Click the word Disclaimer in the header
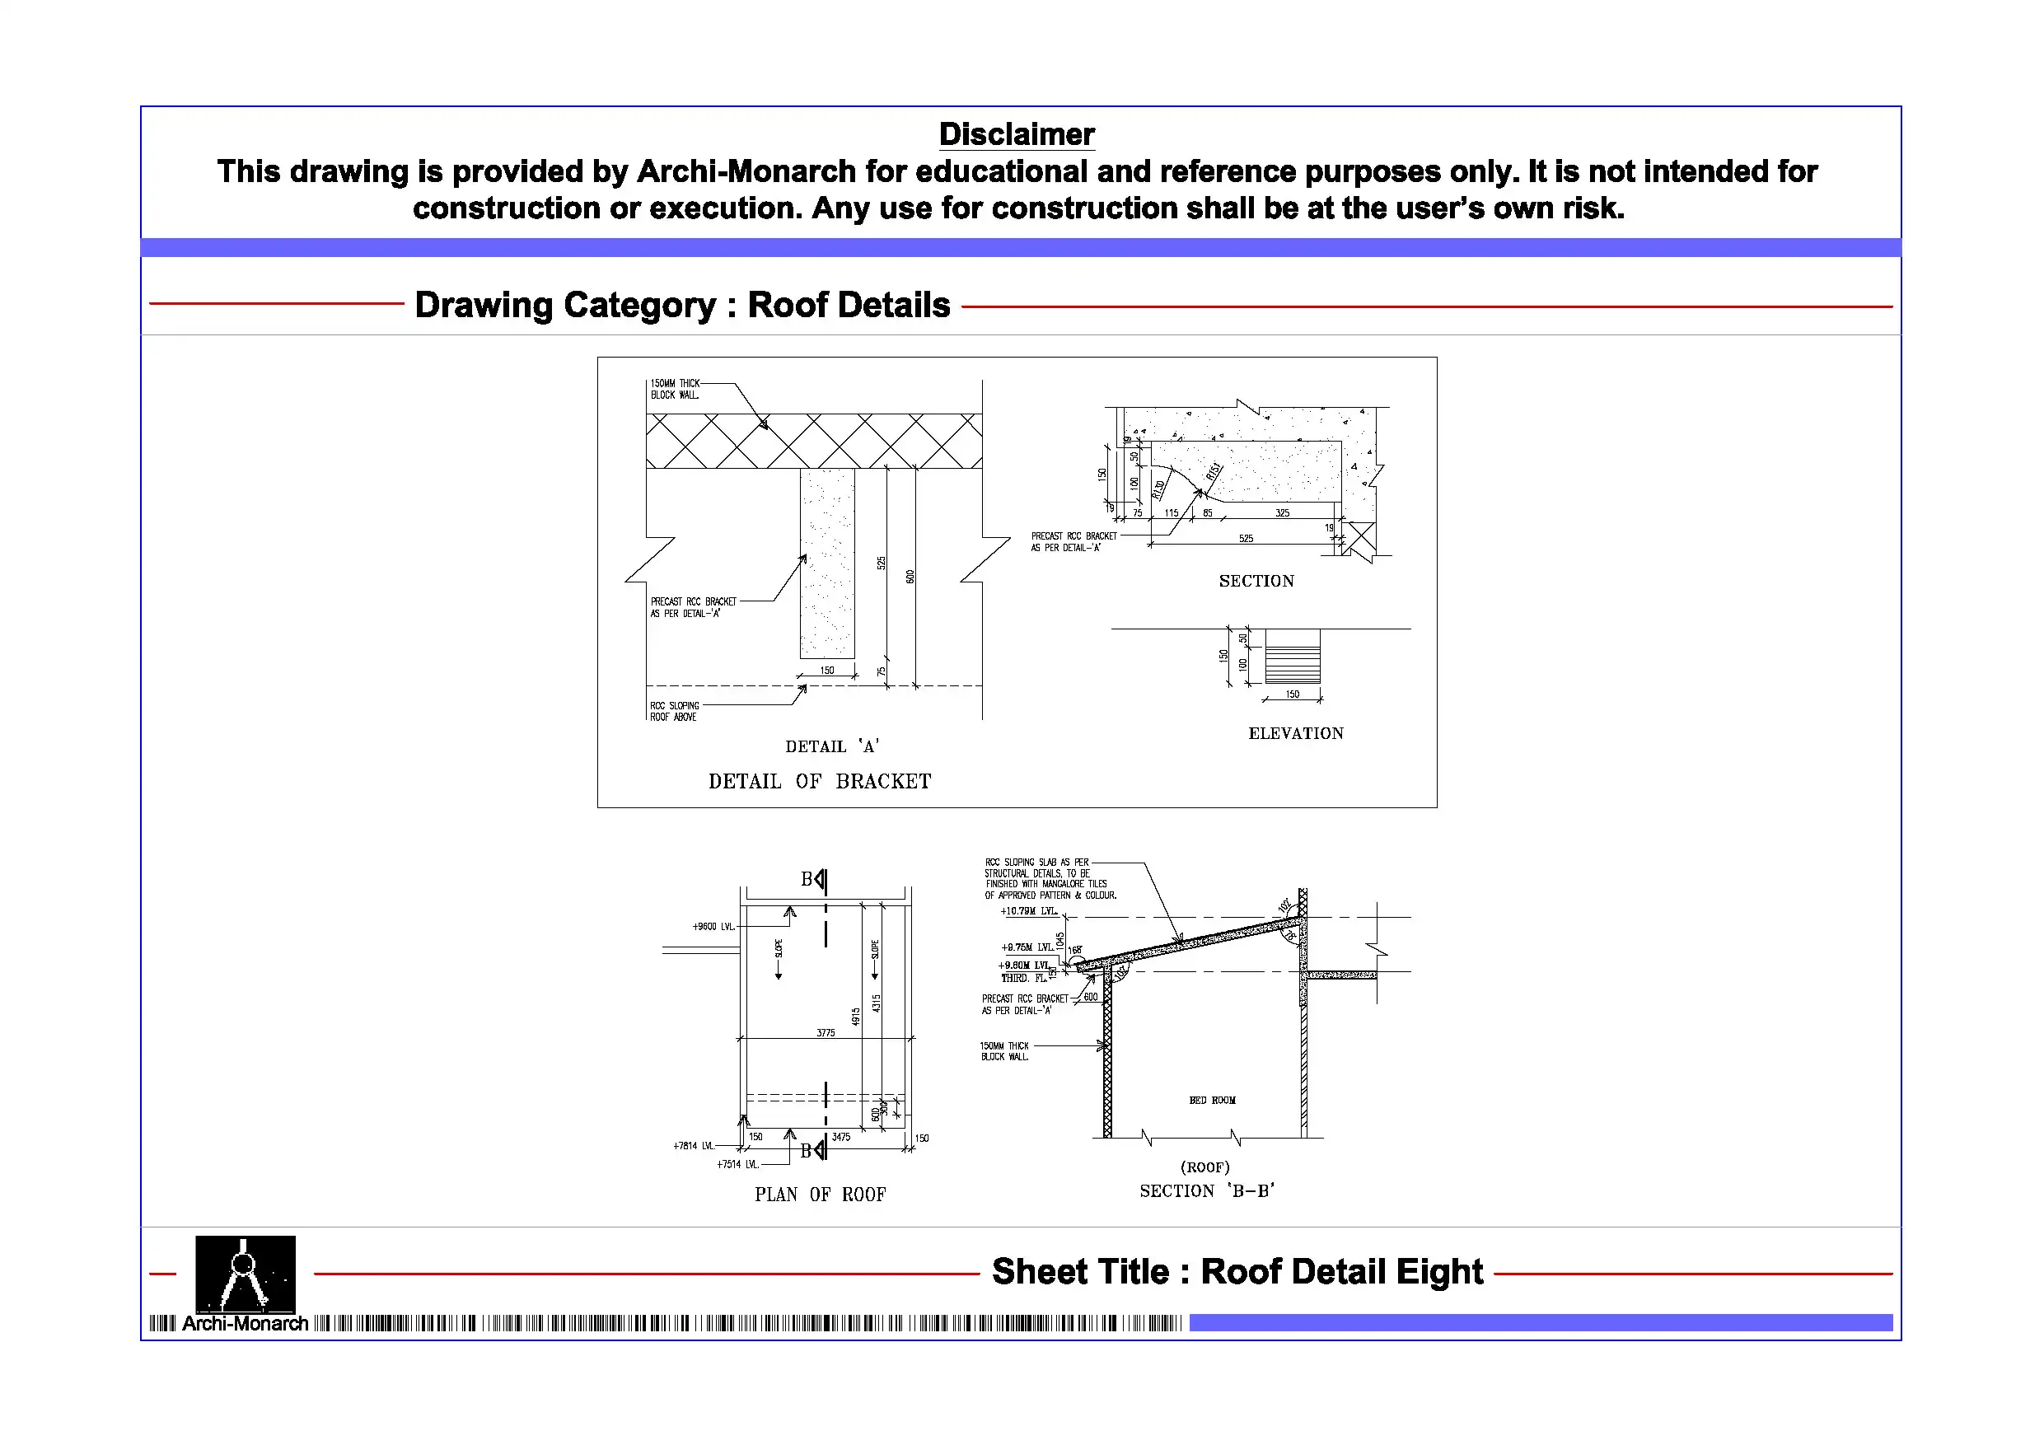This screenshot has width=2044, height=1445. [1016, 134]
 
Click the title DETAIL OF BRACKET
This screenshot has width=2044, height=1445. [819, 782]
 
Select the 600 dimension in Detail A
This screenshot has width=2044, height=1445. [910, 576]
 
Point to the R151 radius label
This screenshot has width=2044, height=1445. [1213, 471]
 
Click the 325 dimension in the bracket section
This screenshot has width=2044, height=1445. [1282, 512]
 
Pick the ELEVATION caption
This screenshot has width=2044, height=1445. [1295, 734]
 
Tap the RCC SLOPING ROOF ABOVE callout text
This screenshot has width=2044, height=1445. [674, 711]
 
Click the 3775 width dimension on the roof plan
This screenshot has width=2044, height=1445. [826, 1033]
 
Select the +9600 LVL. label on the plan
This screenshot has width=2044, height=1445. [714, 927]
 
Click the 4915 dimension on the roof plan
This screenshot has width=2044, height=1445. [855, 1016]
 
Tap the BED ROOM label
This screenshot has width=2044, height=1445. [1212, 1101]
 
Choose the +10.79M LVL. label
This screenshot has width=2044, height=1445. [1028, 912]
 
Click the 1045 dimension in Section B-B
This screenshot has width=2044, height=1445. [1059, 939]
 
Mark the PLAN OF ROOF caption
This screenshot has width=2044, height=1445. [820, 1195]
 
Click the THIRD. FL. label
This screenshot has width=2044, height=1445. [1023, 979]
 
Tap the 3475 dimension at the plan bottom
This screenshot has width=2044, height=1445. [840, 1137]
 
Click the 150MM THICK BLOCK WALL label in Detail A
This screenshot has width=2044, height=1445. [675, 389]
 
